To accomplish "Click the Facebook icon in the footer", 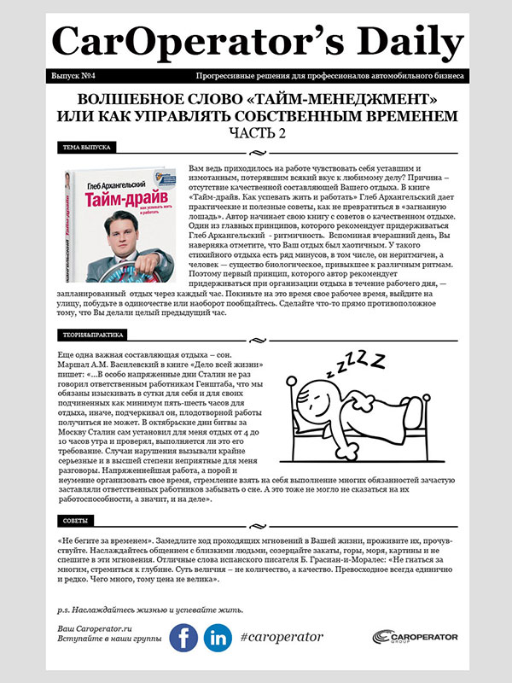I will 183,638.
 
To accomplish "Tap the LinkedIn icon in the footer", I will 218,638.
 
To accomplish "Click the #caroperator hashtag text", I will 282,637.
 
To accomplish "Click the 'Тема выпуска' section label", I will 86,147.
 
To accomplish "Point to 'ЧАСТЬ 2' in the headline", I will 256,132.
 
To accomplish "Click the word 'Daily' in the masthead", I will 393,39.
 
